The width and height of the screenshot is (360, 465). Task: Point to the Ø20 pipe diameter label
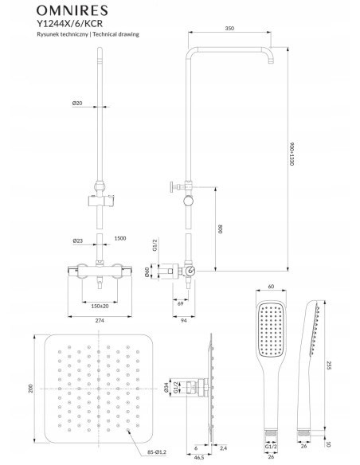click(100, 104)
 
